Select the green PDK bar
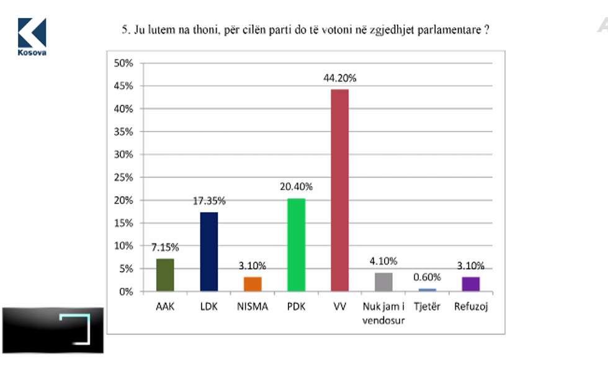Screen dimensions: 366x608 tap(296, 244)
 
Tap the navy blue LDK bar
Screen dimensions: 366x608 tap(208, 251)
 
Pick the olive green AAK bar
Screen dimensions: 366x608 tap(165, 275)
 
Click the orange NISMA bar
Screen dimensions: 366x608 tap(253, 284)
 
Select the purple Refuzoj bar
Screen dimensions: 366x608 tap(471, 284)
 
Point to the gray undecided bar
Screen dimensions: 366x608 tap(383, 282)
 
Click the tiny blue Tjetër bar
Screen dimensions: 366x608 tap(427, 290)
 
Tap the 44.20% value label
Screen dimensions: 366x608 tap(340, 79)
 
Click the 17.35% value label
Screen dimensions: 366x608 tap(208, 201)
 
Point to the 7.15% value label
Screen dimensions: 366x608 tap(165, 248)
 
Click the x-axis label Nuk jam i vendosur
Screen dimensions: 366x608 tap(383, 311)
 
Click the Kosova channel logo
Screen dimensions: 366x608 tap(32, 36)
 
